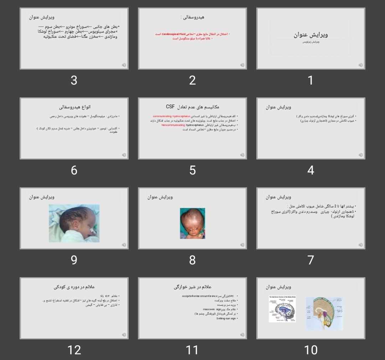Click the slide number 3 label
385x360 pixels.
74,80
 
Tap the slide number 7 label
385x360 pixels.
310,260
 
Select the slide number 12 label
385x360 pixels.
74,350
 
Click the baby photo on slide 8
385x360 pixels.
192,223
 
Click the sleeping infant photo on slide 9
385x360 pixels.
74,223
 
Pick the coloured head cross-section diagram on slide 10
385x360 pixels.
324,313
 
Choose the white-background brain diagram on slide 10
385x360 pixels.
282,309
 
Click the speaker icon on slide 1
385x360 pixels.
360,65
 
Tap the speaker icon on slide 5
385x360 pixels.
242,155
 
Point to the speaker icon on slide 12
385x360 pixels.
124,335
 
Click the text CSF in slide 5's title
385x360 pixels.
170,107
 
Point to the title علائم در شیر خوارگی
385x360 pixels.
192,287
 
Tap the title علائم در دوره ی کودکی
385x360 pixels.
74,287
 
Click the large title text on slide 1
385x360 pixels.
310,35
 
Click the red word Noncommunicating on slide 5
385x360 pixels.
173,125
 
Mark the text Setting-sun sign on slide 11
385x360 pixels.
226,318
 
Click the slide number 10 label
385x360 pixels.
310,350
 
